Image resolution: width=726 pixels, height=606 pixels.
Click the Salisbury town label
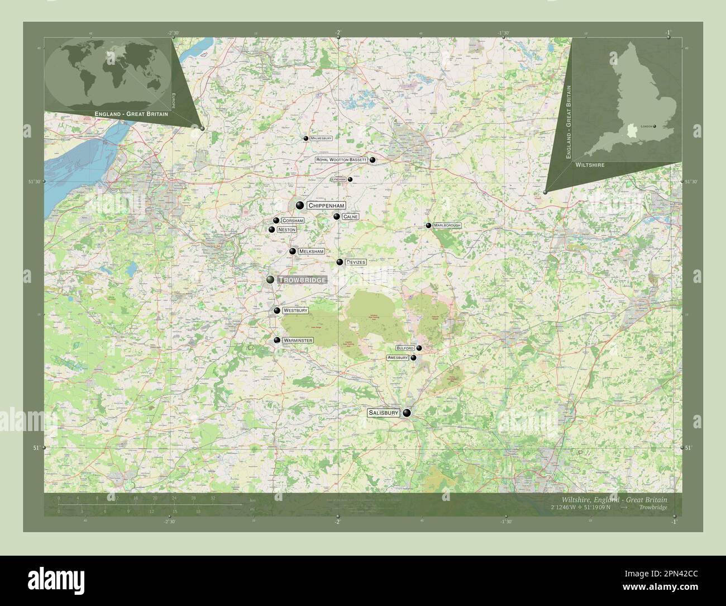point(383,413)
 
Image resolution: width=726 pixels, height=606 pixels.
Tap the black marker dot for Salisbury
point(407,413)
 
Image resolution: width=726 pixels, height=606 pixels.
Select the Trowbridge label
point(301,280)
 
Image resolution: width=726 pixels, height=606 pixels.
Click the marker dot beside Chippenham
point(300,205)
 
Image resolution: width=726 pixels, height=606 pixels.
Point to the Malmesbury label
point(321,138)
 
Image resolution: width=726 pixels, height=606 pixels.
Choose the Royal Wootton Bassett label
point(341,160)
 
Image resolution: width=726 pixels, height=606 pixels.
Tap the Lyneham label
point(339,179)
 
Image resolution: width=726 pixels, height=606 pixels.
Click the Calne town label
point(351,216)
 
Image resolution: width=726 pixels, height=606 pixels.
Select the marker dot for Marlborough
point(428,225)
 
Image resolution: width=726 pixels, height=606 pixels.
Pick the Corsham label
point(293,221)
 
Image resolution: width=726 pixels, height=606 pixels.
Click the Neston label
point(286,230)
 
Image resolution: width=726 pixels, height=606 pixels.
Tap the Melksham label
point(311,252)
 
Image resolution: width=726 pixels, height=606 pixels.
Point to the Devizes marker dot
point(340,262)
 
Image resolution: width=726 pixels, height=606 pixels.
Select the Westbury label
point(295,310)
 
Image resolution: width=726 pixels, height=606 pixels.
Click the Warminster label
point(298,340)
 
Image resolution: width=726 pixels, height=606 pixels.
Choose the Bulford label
point(405,348)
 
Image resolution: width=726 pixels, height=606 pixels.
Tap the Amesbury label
point(398,357)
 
